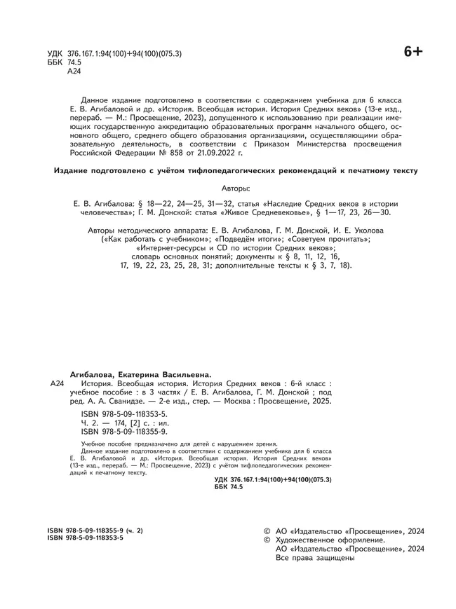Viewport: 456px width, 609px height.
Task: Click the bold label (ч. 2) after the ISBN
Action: (130, 531)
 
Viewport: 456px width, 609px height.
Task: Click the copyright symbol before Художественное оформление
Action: (267, 540)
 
